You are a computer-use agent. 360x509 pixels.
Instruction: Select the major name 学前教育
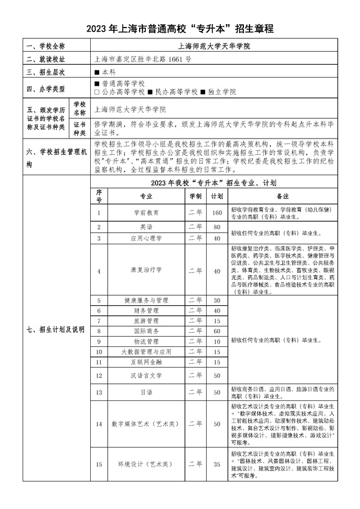145,212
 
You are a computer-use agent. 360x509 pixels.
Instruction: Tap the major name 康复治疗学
145,270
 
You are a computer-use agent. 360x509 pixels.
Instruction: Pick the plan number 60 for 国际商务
216,331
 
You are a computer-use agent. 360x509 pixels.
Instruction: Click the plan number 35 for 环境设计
216,465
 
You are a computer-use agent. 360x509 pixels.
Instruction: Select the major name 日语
145,391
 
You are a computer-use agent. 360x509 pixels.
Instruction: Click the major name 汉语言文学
145,374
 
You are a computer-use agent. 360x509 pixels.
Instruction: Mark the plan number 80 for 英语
216,227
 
